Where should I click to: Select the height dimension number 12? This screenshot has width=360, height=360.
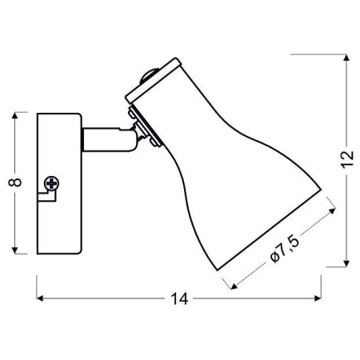(x=346, y=161)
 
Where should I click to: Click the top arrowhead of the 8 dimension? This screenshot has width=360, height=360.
(x=15, y=115)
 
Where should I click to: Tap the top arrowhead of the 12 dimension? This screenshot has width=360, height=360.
(x=346, y=57)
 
